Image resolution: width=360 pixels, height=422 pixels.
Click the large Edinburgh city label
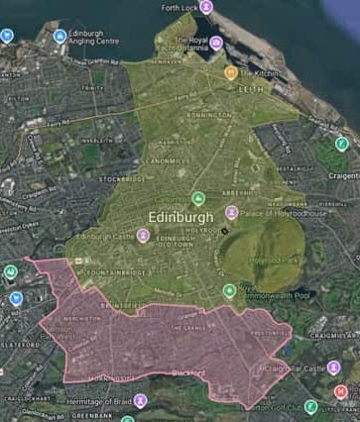click(180, 218)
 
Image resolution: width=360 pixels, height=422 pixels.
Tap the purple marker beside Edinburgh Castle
click(143, 236)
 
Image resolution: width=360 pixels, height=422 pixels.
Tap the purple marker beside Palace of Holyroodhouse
click(231, 211)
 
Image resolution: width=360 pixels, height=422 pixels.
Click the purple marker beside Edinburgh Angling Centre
click(60, 36)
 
